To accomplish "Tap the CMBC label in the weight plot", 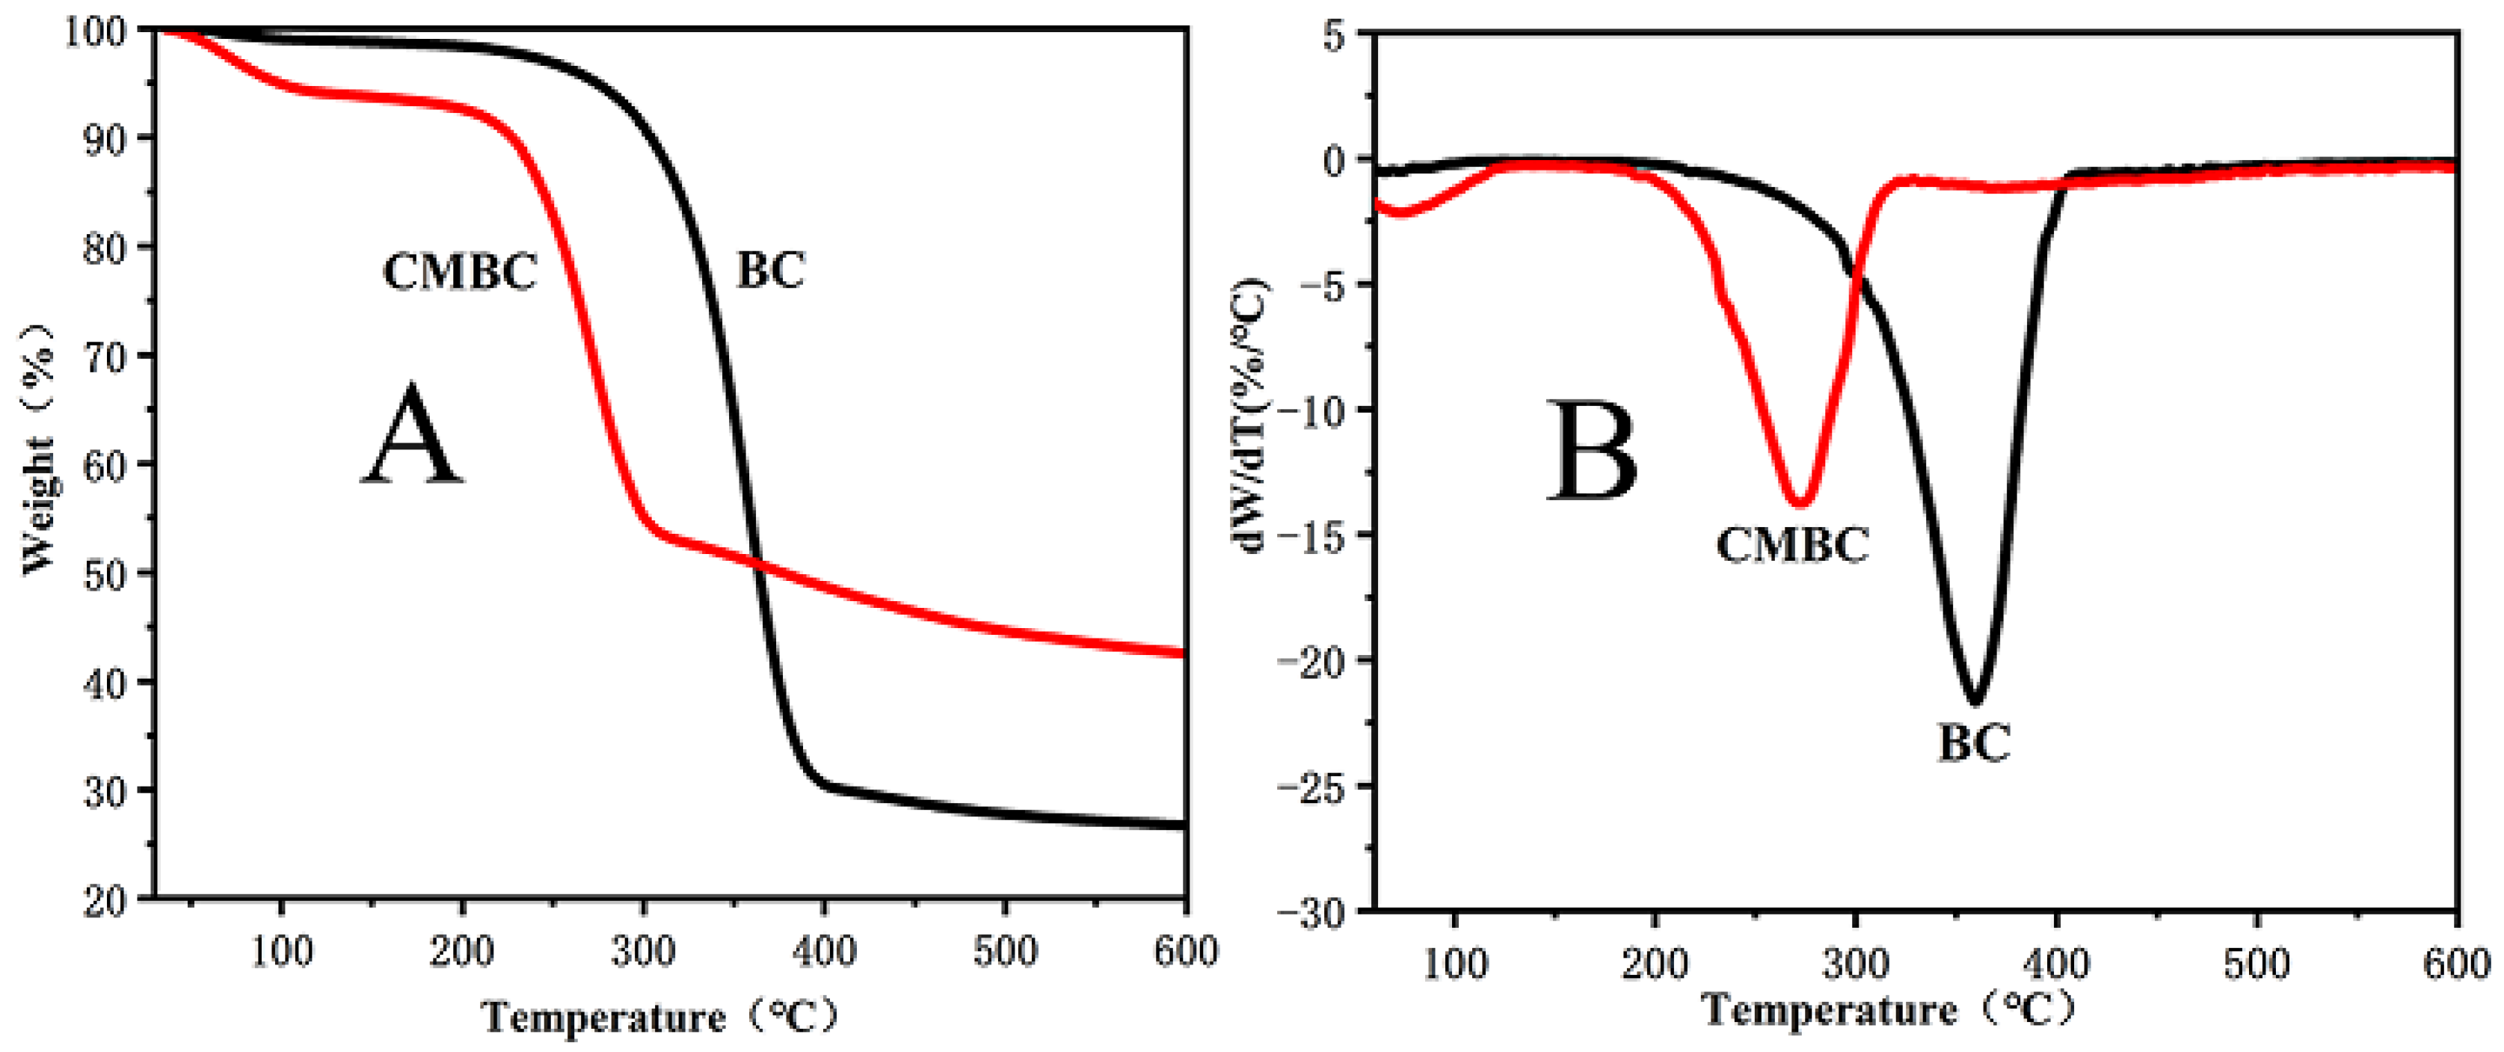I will coord(460,271).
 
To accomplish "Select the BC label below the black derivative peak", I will coord(1974,744).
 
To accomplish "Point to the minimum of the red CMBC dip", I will coord(1800,502).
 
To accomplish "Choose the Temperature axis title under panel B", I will coord(1886,1010).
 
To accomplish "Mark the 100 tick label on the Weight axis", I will coord(94,32).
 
